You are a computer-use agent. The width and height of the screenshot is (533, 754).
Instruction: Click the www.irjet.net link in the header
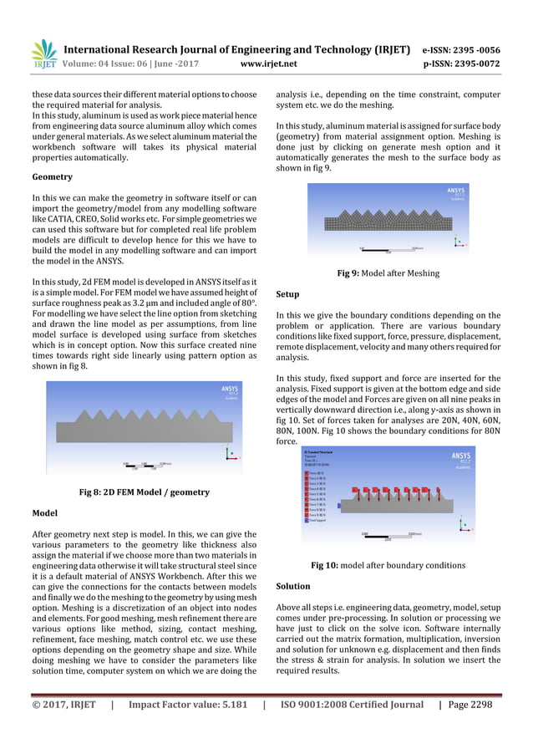tap(268, 64)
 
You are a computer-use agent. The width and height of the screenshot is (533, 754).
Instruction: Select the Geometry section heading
tap(52, 177)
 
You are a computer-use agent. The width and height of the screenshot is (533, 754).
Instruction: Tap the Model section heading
tap(44, 512)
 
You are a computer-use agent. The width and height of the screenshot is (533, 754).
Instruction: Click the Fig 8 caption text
tap(144, 492)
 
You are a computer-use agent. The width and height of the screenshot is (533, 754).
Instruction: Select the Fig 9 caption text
tap(388, 273)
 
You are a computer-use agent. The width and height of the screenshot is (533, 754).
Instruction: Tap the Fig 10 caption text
tap(388, 566)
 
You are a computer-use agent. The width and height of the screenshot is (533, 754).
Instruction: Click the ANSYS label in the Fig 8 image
tap(230, 390)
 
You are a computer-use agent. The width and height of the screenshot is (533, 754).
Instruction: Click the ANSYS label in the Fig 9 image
tap(456, 191)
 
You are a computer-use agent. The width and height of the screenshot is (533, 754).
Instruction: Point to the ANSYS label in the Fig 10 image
tap(460, 456)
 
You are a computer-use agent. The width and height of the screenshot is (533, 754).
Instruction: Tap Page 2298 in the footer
tap(470, 705)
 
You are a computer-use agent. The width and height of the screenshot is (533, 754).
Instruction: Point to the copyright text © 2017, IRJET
tap(63, 705)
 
